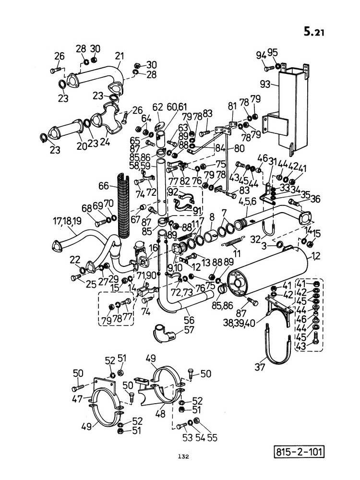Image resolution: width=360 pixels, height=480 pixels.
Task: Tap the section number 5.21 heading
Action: (x=313, y=32)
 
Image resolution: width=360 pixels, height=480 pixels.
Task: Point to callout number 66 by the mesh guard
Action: (x=104, y=186)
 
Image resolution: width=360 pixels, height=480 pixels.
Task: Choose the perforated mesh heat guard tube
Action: (x=124, y=207)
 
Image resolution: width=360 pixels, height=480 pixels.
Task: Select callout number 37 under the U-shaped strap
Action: (x=260, y=366)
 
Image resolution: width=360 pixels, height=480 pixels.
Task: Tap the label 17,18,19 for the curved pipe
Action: (x=67, y=221)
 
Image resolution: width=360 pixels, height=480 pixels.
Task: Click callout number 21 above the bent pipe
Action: (x=120, y=56)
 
